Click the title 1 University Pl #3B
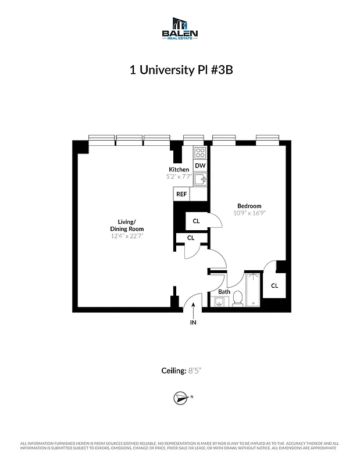180,70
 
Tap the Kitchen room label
179,169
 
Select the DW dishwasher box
200,166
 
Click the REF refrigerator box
181,195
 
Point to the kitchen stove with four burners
200,153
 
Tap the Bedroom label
249,206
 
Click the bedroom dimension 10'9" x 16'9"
249,213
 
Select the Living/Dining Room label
127,225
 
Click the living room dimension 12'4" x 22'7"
127,236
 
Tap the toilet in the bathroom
237,299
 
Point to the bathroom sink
220,301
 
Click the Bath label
224,292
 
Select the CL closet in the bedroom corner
274,285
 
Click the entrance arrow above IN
193,307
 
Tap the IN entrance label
193,323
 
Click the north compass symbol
180,398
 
